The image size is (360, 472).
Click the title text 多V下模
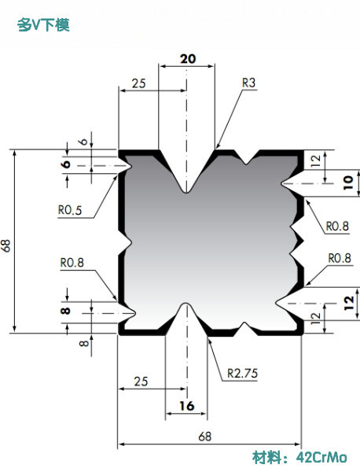click(x=43, y=25)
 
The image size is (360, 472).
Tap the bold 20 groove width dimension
click(x=188, y=59)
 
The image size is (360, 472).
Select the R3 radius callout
click(x=248, y=83)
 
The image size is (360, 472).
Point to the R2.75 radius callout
click(x=242, y=373)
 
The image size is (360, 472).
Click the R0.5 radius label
click(x=70, y=210)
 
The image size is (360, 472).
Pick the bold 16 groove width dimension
click(x=187, y=406)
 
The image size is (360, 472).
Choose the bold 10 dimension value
click(x=347, y=183)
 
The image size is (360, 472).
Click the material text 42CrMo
click(x=321, y=458)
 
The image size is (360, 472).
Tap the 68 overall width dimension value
click(x=205, y=436)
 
